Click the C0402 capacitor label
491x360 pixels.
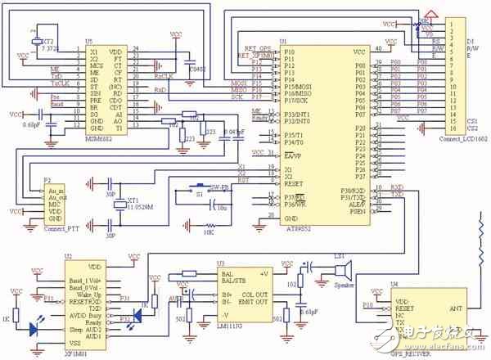tap(197, 70)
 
